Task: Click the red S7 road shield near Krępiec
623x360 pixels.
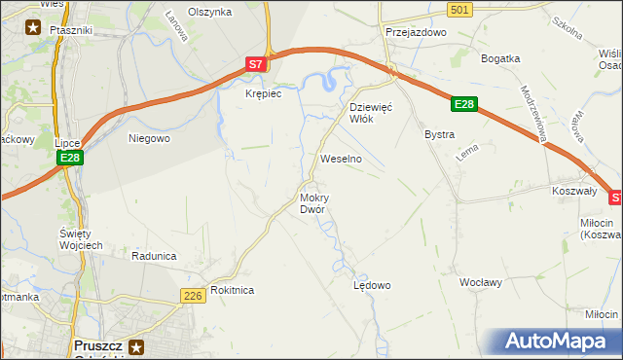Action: click(x=255, y=64)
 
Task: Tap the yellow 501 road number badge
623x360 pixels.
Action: click(x=462, y=9)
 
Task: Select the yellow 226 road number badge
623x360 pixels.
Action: click(x=192, y=295)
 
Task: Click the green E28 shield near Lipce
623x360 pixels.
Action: click(x=68, y=158)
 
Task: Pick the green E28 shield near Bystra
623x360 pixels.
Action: click(x=464, y=104)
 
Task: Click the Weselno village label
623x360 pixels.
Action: click(x=342, y=158)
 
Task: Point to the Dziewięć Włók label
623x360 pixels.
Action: click(x=370, y=112)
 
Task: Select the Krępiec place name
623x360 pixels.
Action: click(x=263, y=93)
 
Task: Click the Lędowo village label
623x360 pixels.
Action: click(x=371, y=285)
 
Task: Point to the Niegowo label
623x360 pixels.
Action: click(x=150, y=138)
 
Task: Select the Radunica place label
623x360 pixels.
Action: click(x=154, y=256)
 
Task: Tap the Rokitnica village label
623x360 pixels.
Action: click(x=232, y=290)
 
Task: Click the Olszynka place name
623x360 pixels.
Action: click(x=210, y=12)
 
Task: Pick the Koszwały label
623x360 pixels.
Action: click(x=573, y=192)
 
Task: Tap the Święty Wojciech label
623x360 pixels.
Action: click(x=81, y=238)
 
